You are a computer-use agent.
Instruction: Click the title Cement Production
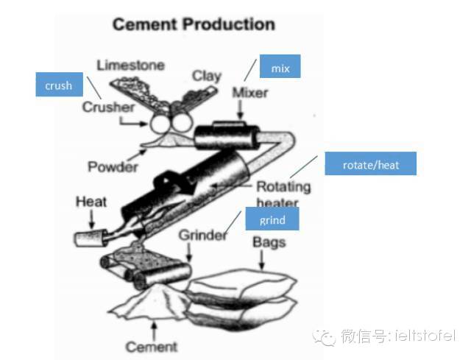pyautogui.click(x=194, y=24)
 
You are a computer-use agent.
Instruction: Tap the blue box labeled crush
pyautogui.click(x=59, y=85)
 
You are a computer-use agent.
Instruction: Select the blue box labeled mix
pyautogui.click(x=280, y=66)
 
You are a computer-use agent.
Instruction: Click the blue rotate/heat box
pyautogui.click(x=371, y=163)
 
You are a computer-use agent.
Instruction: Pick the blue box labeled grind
pyautogui.click(x=272, y=219)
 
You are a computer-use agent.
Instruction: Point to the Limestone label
pyautogui.click(x=131, y=66)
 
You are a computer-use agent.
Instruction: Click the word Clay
pyautogui.click(x=207, y=77)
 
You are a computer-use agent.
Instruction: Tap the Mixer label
pyautogui.click(x=250, y=93)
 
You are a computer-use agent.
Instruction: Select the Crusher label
pyautogui.click(x=108, y=107)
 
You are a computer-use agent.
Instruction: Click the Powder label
pyautogui.click(x=113, y=166)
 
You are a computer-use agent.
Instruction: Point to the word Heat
pyautogui.click(x=91, y=202)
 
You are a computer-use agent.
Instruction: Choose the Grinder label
pyautogui.click(x=203, y=235)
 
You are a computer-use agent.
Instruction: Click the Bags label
pyautogui.click(x=269, y=242)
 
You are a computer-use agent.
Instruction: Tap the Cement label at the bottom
pyautogui.click(x=152, y=347)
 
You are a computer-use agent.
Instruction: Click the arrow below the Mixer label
pyautogui.click(x=240, y=109)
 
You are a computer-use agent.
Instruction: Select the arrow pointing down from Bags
pyautogui.click(x=262, y=260)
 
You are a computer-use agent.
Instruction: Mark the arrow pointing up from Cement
pyautogui.click(x=154, y=331)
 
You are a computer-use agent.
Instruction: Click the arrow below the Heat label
pyautogui.click(x=92, y=219)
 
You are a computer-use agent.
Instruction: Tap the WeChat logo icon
pyautogui.click(x=325, y=337)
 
